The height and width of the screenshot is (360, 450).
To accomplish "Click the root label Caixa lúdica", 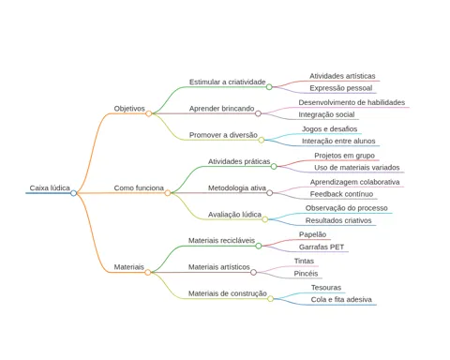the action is point(50,187).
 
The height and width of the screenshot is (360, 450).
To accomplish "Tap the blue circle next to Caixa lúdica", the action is point(73,193).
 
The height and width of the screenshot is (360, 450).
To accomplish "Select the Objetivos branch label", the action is point(129,109).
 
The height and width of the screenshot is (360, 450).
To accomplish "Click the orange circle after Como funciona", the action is point(168,193).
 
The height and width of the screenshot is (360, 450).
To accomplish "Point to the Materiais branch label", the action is point(128,267).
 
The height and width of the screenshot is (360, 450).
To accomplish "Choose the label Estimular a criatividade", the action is point(228,82).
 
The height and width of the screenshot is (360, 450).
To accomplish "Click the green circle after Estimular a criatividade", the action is point(269,87).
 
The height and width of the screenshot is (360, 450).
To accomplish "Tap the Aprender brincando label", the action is point(221,109).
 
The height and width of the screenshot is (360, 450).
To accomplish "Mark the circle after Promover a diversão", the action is point(262,140).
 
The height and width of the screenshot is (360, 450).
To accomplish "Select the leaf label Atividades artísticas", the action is point(342,76).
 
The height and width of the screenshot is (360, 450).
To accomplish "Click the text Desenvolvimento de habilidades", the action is point(352,102).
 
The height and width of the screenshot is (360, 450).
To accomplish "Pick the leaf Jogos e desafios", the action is point(329,128).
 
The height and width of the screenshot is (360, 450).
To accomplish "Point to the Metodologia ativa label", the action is point(237,187).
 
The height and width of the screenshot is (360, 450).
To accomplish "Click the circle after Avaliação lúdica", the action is point(265,219).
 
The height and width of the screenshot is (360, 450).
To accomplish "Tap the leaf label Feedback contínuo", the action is point(341,194).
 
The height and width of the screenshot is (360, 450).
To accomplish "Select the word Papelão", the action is point(312,234).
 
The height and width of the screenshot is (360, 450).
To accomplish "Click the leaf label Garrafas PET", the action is point(322,247).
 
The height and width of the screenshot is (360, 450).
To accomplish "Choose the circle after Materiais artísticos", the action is point(253,272).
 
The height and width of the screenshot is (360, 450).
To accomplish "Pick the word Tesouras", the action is point(326,288).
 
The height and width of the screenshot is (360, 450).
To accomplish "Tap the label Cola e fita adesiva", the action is point(341,299).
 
